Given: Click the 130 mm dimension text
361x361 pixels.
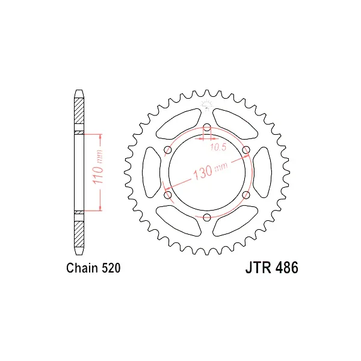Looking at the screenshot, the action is [x=211, y=171].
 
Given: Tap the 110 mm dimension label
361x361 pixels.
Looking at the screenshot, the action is [x=97, y=167].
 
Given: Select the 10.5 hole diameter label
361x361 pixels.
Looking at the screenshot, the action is [x=218, y=147].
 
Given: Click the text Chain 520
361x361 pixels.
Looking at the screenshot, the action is [x=93, y=268].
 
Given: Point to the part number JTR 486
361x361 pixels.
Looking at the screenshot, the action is [x=272, y=268].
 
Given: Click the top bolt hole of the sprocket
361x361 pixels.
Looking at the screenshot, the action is [x=207, y=128].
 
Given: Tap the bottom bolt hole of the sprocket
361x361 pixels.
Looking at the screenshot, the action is [x=207, y=217].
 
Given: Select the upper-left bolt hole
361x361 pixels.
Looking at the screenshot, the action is [x=168, y=150].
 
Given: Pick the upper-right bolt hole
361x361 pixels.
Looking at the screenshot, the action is [x=246, y=150].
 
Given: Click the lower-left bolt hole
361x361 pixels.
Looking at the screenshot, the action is [x=168, y=195].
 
